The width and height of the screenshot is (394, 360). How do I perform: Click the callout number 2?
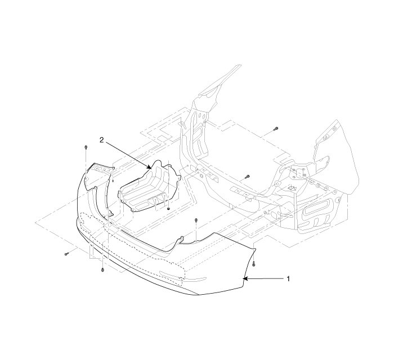(x=101, y=139)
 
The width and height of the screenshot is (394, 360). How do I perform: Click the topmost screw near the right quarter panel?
(x=274, y=129)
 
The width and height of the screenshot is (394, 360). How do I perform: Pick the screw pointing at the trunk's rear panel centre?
(x=247, y=177)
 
